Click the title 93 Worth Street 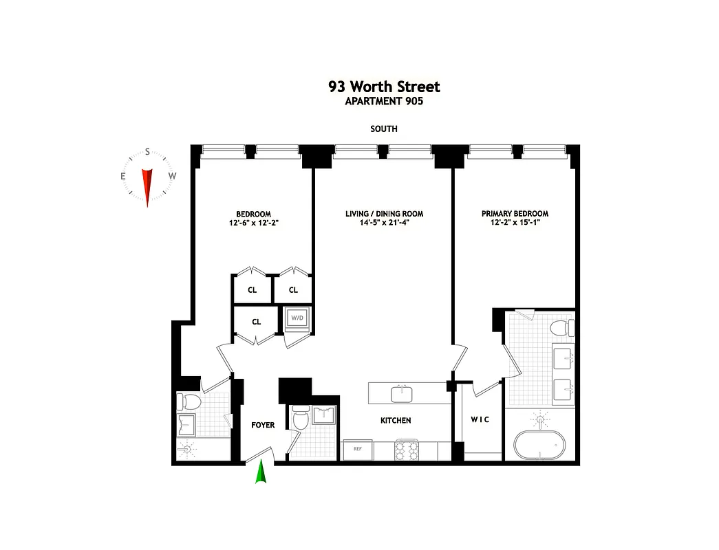pyautogui.click(x=384, y=87)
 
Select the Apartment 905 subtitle pyautogui.click(x=384, y=101)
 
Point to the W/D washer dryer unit pyautogui.click(x=298, y=318)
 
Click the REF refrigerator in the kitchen pyautogui.click(x=358, y=449)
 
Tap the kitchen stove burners pyautogui.click(x=406, y=450)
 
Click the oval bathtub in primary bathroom pyautogui.click(x=539, y=446)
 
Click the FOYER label pyautogui.click(x=263, y=425)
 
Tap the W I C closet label pyautogui.click(x=480, y=419)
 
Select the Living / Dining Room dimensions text pyautogui.click(x=384, y=223)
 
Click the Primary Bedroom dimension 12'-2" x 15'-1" pyautogui.click(x=515, y=223)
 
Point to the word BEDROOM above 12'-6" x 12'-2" pyautogui.click(x=253, y=214)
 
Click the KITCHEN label pyautogui.click(x=396, y=420)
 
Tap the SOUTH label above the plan pyautogui.click(x=384, y=129)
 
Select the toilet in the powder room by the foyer pyautogui.click(x=300, y=418)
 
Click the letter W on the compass pyautogui.click(x=173, y=176)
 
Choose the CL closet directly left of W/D pyautogui.click(x=256, y=321)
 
